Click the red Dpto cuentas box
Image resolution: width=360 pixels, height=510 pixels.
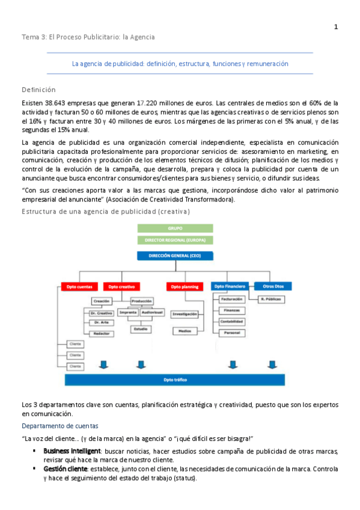[80, 286]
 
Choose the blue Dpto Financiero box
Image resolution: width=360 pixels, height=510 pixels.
[230, 286]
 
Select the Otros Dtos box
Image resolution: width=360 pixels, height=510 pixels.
[268, 286]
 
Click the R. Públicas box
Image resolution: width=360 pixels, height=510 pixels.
[272, 299]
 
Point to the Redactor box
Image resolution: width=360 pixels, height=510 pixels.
[102, 333]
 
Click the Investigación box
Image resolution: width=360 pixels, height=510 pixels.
[186, 314]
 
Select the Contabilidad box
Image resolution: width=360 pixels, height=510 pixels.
[231, 321]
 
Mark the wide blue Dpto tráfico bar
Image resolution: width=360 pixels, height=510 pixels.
[174, 379]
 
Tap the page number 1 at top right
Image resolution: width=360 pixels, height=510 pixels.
[336, 26]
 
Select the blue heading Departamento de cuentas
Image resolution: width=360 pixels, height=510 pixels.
[56, 425]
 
